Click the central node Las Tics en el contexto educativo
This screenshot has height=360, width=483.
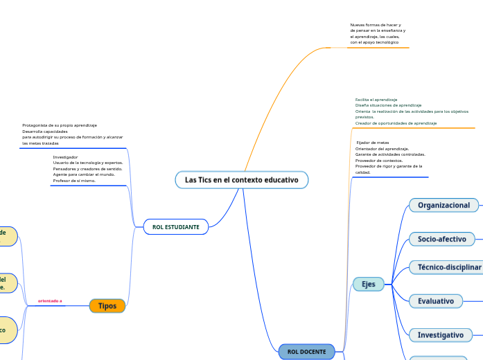[241, 180]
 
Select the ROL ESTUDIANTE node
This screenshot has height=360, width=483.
[175, 227]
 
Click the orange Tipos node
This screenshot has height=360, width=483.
[107, 306]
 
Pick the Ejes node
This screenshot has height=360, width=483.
[369, 284]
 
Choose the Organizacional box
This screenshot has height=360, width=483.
[444, 205]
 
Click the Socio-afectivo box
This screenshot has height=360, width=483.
[441, 239]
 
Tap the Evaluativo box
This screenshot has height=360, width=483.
[436, 301]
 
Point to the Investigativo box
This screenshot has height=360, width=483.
[440, 334]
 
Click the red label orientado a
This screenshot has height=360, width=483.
[50, 301]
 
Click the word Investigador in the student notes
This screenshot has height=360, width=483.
[65, 157]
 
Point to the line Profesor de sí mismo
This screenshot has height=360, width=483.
[74, 180]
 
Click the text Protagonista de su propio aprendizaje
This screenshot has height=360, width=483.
[60, 125]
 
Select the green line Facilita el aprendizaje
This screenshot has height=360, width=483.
[376, 100]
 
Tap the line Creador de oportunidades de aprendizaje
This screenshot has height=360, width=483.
[396, 123]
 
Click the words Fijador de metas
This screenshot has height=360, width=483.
[372, 143]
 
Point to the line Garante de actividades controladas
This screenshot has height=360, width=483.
[390, 154]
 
